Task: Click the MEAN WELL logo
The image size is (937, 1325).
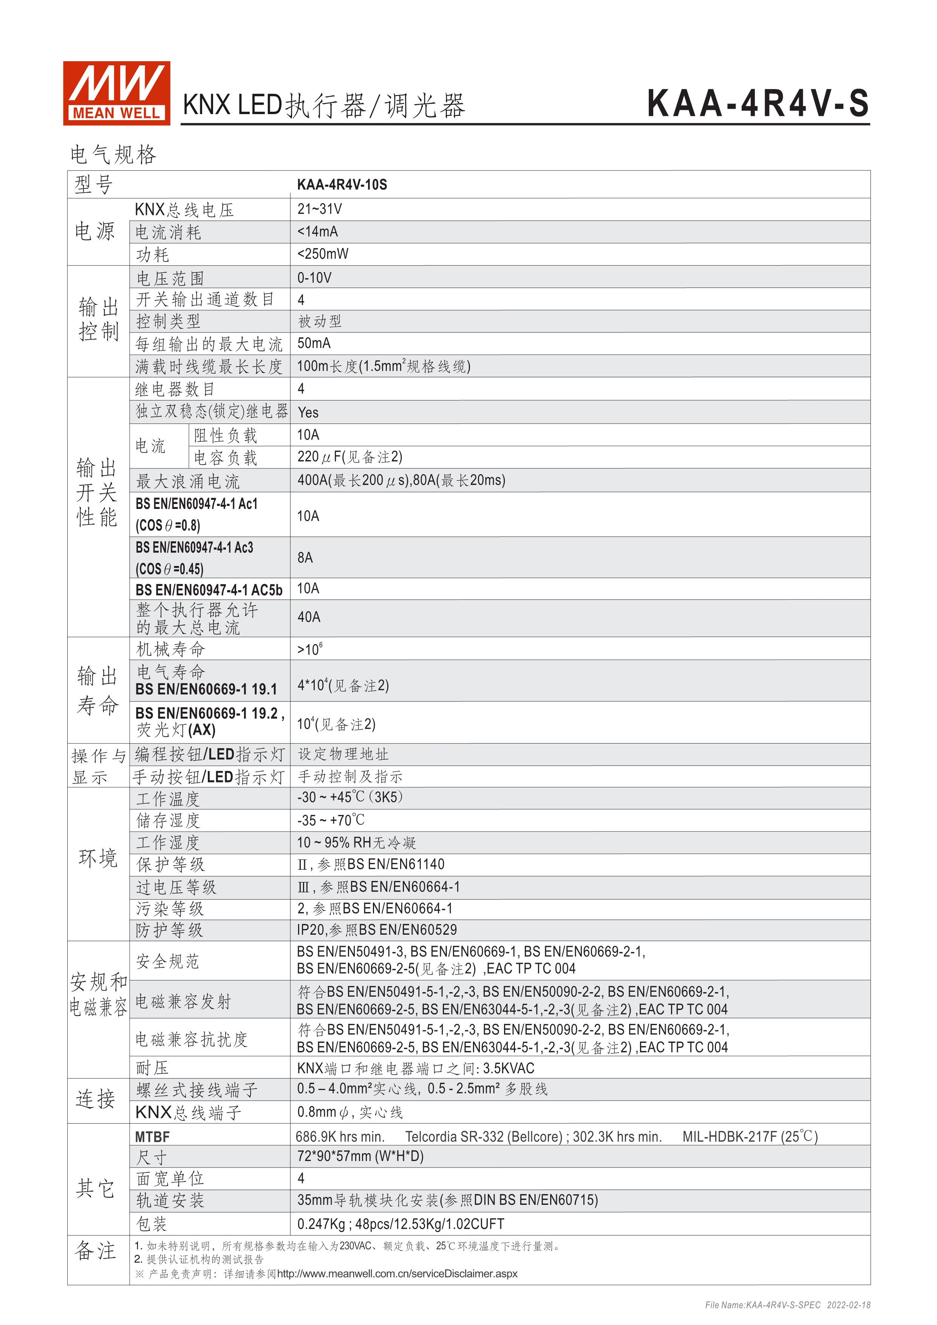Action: point(116,93)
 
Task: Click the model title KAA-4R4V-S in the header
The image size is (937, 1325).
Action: point(758,104)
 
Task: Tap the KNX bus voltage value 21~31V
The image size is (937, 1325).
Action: point(320,209)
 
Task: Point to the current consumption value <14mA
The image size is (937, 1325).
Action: point(317,232)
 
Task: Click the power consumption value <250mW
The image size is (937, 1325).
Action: point(323,254)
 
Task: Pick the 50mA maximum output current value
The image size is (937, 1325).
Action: point(314,343)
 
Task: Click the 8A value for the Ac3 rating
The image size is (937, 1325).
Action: point(305,558)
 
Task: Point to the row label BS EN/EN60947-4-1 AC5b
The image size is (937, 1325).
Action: point(209,590)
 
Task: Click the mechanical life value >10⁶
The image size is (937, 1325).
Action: point(310,649)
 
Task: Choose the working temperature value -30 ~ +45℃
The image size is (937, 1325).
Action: point(349,797)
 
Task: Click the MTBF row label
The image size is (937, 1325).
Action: point(152,1137)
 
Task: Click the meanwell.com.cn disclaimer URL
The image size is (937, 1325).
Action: point(397,1274)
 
